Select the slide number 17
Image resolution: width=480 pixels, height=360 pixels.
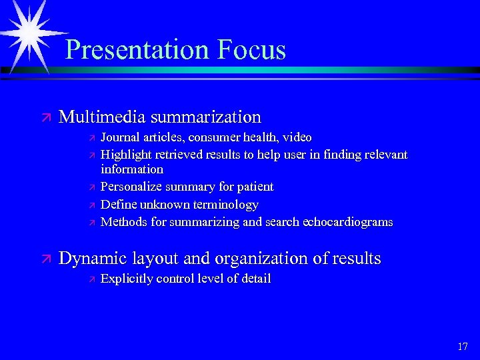click(x=463, y=346)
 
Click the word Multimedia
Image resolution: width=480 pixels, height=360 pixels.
click(x=102, y=117)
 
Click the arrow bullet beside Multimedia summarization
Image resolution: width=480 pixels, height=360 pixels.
click(x=45, y=118)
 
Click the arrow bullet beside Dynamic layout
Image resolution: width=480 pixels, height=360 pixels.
click(x=45, y=259)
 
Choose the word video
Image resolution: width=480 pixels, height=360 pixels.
click(x=297, y=137)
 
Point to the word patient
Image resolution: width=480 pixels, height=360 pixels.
click(x=253, y=187)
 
